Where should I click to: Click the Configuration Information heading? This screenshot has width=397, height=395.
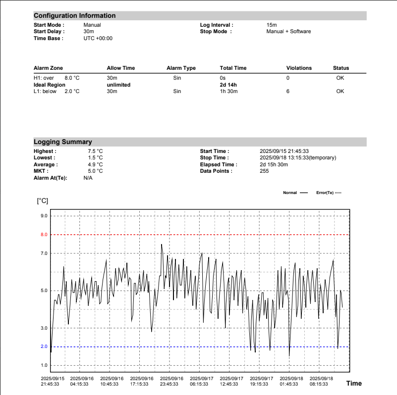coord(74,16)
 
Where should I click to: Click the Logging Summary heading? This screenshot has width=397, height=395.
coord(62,142)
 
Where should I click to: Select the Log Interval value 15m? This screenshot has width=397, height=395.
coord(272,25)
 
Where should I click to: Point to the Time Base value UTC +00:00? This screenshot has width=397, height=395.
coord(98,38)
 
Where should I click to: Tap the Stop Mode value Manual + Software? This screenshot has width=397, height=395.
coord(288,31)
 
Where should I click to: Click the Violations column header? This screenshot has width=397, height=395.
coord(299,68)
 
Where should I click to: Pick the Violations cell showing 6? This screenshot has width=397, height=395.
coord(288,91)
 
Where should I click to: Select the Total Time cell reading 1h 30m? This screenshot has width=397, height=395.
coord(229,91)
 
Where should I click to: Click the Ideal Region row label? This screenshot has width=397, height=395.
coord(49,85)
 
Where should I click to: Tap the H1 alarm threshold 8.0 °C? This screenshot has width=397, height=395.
coord(72,78)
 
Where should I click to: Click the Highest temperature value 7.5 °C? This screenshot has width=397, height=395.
coord(95,151)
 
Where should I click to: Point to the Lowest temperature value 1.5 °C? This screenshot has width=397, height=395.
coord(95,158)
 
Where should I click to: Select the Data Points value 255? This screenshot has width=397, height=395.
coord(265,171)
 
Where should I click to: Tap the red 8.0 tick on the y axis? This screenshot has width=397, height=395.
coord(44,235)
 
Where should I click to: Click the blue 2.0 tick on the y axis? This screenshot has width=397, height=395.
coord(44,347)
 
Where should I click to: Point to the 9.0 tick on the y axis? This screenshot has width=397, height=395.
coord(44,216)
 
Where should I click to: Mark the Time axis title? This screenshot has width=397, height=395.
coord(354,383)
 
